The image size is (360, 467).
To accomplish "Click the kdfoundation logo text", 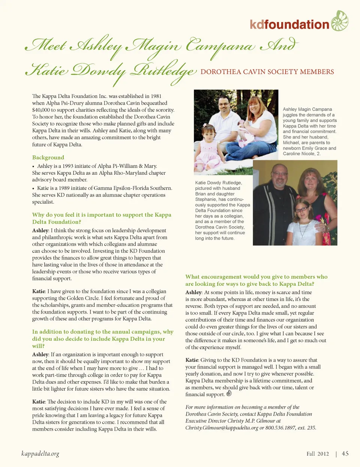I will click(289, 25).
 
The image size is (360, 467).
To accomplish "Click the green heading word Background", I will click(48, 158).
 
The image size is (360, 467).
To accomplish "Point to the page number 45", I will click(345, 453).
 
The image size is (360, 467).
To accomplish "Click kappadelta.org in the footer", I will click(40, 454).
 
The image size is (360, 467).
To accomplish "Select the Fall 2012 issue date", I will click(318, 454).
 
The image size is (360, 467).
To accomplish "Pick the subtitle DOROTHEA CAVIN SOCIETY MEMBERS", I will click(267, 72).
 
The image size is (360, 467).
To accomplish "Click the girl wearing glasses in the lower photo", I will click(302, 218).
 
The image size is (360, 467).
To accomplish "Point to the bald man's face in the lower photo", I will click(280, 177).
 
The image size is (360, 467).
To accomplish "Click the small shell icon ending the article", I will click(229, 393).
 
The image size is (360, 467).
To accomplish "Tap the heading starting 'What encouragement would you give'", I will click(256, 280).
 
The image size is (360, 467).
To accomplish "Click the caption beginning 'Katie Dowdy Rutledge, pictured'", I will click(222, 210).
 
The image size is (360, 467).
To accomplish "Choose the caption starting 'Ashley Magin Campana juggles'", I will click(309, 131).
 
